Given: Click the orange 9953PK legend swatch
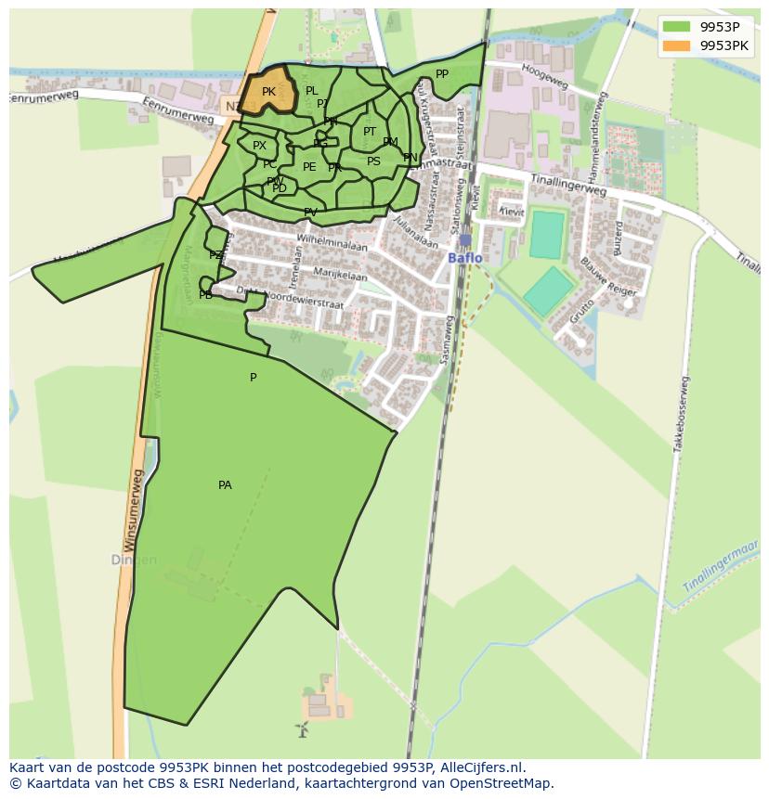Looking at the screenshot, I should (676, 45).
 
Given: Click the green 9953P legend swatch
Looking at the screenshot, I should (676, 27).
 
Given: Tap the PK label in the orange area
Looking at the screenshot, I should (268, 92).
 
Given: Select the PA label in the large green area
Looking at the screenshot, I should (225, 485).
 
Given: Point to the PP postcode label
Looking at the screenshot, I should (442, 74).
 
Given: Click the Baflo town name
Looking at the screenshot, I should (465, 258).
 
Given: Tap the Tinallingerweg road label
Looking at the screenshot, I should (567, 185).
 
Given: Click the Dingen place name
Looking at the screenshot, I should (134, 561).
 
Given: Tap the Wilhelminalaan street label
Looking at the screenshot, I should (332, 242).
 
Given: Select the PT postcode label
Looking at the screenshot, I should (370, 132).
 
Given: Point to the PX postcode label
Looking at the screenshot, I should (259, 146).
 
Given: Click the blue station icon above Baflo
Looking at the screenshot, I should (465, 239).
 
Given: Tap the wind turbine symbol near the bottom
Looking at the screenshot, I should (302, 729).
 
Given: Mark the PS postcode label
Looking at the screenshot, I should (373, 161).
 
